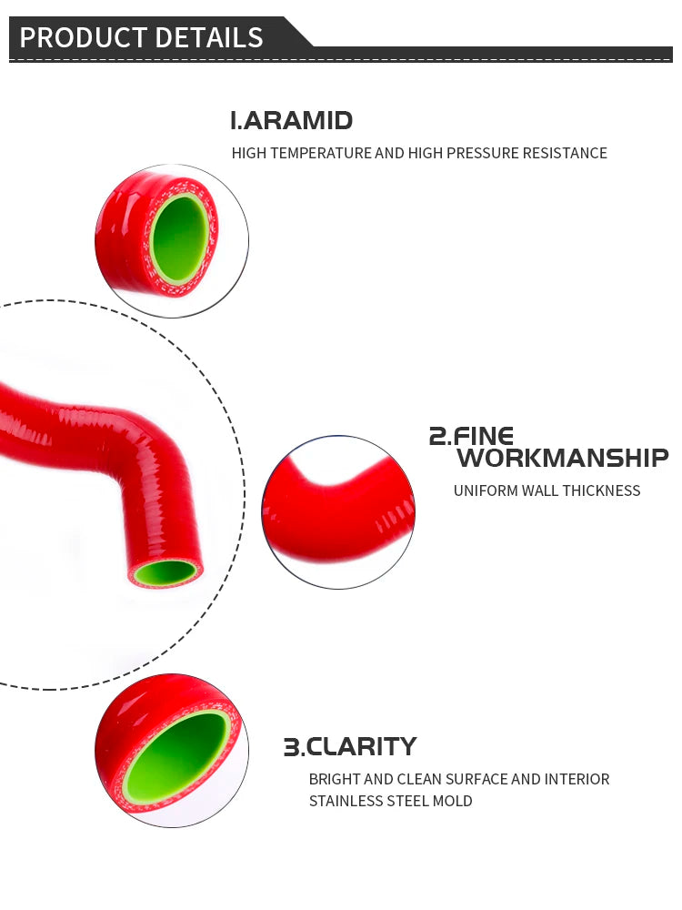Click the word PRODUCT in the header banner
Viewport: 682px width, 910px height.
(x=76, y=37)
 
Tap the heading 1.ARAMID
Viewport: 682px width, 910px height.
(x=291, y=120)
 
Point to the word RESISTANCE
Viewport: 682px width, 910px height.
(x=564, y=153)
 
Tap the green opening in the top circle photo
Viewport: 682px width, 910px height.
(x=179, y=238)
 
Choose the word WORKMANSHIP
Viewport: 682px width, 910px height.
(x=562, y=457)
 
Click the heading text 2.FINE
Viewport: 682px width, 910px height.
(x=471, y=436)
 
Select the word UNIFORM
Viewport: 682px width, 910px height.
(x=485, y=490)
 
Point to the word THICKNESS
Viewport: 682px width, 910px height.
(x=601, y=490)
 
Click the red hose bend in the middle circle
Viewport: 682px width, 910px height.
(x=338, y=510)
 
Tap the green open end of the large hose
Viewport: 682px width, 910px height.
(x=165, y=572)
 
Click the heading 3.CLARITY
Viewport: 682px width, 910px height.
(x=350, y=747)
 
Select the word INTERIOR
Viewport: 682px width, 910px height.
(x=577, y=779)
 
